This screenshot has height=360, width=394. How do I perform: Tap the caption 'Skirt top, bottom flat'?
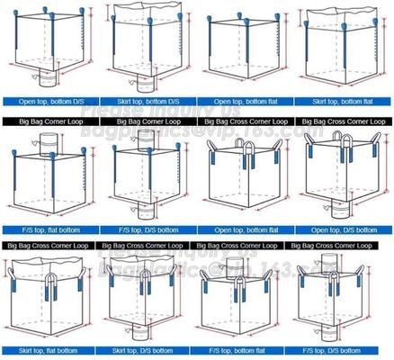[x=345, y=101]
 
